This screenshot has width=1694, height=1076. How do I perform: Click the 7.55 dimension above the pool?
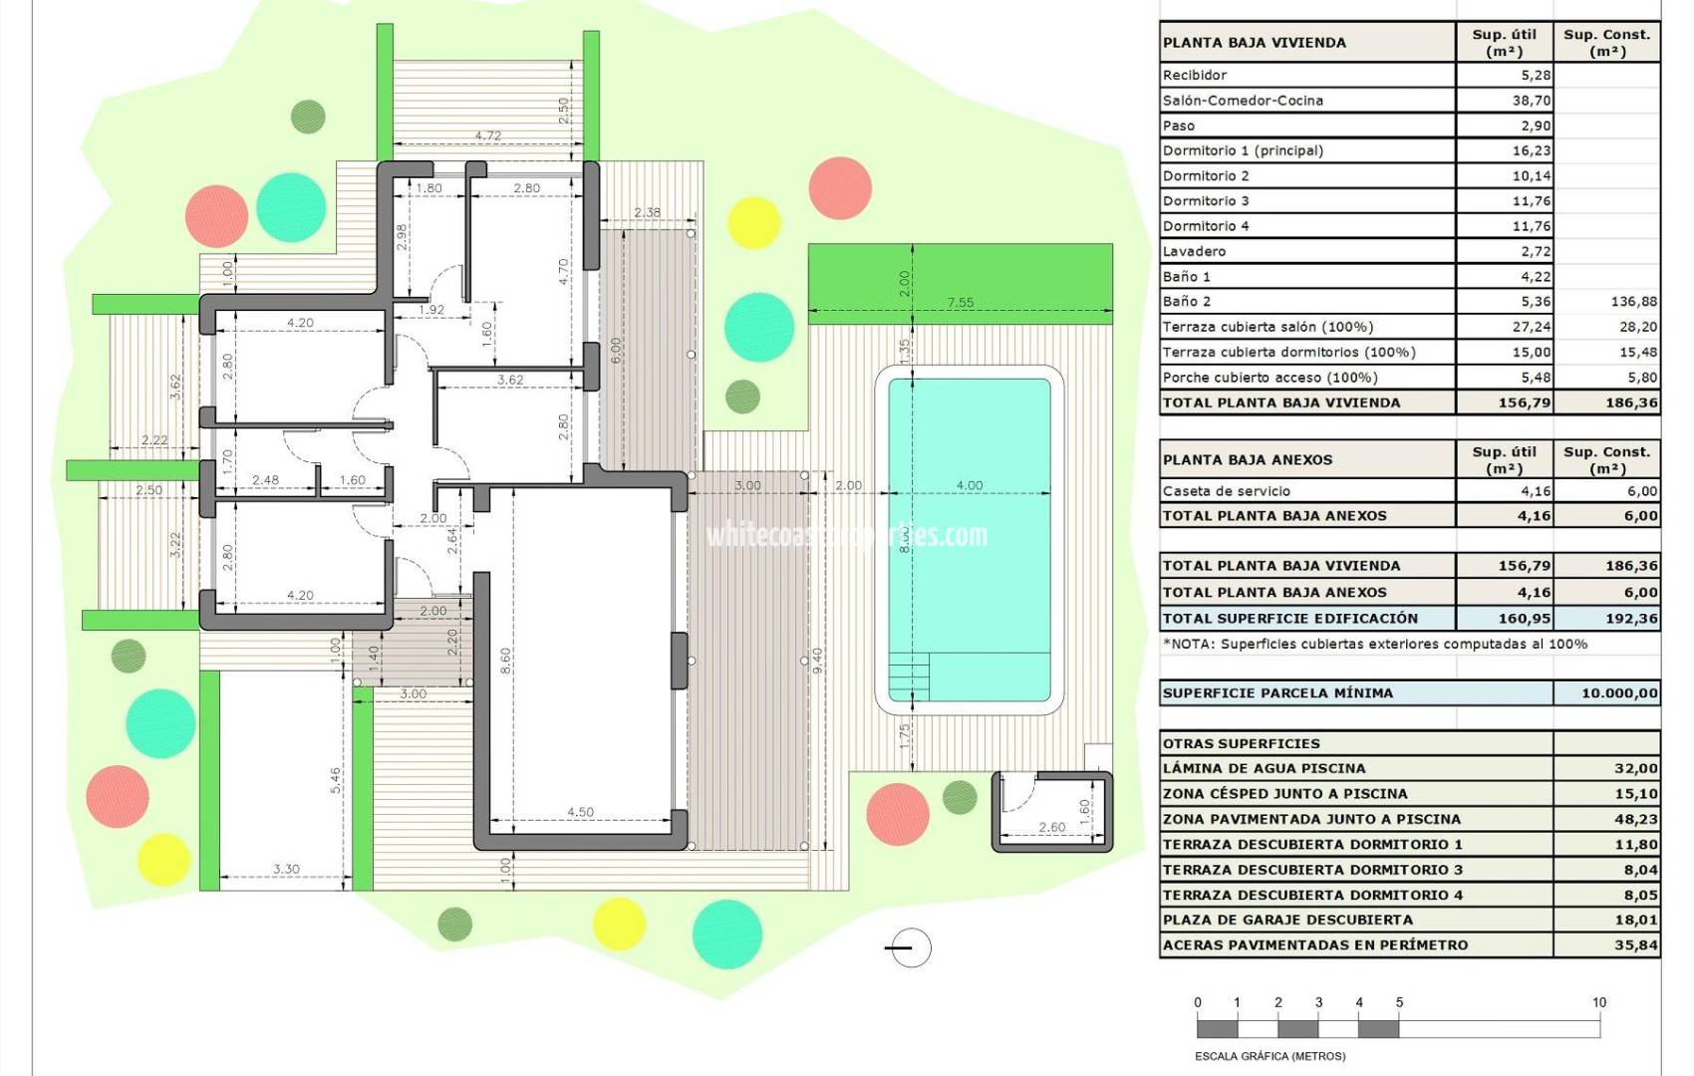pos(960,303)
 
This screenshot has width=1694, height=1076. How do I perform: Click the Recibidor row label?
pos(1195,75)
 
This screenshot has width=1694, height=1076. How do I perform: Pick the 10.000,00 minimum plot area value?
pos(1619,693)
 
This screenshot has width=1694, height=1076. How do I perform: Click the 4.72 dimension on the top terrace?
pos(487,136)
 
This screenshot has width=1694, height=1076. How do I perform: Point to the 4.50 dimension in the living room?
pos(580,812)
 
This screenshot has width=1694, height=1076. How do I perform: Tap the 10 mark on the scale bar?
pos(1598,1003)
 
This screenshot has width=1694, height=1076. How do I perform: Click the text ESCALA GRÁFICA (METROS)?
pos(1270,1056)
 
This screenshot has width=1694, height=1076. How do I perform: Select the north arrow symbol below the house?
pos(908,947)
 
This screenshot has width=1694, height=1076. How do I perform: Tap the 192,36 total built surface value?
pos(1631,619)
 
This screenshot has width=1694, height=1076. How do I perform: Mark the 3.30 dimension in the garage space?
pos(286,869)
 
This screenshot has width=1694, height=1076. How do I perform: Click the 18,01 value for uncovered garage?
pos(1635,920)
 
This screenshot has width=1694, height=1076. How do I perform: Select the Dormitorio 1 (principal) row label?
pos(1243,150)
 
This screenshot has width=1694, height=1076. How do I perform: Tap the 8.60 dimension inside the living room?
pos(505,661)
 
